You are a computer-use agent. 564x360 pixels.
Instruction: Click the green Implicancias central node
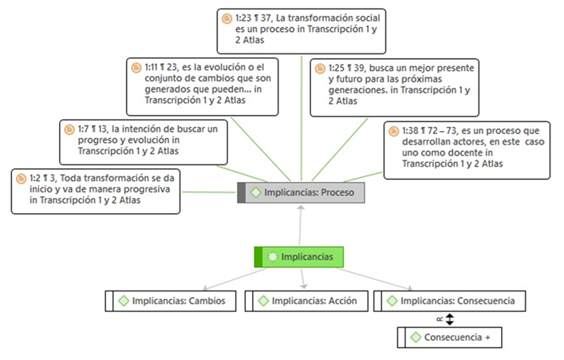(x=299, y=257)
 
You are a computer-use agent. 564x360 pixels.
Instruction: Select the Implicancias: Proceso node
(x=302, y=192)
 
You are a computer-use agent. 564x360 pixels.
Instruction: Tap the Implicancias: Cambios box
(x=172, y=301)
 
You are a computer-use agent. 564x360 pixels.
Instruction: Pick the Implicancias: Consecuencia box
(x=456, y=301)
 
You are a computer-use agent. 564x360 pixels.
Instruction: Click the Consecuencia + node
(x=451, y=337)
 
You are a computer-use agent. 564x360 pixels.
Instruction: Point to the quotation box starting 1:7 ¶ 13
(x=144, y=140)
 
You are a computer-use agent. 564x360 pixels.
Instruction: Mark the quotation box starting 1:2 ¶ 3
(x=95, y=191)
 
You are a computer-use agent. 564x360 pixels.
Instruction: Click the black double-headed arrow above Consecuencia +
(x=449, y=319)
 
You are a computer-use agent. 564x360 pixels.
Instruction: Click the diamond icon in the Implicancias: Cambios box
(x=124, y=301)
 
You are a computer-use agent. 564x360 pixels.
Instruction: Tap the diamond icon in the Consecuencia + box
(x=416, y=337)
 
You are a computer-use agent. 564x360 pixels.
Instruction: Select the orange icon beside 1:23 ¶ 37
(x=226, y=16)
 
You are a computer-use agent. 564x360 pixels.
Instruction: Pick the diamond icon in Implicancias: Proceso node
(x=255, y=192)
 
